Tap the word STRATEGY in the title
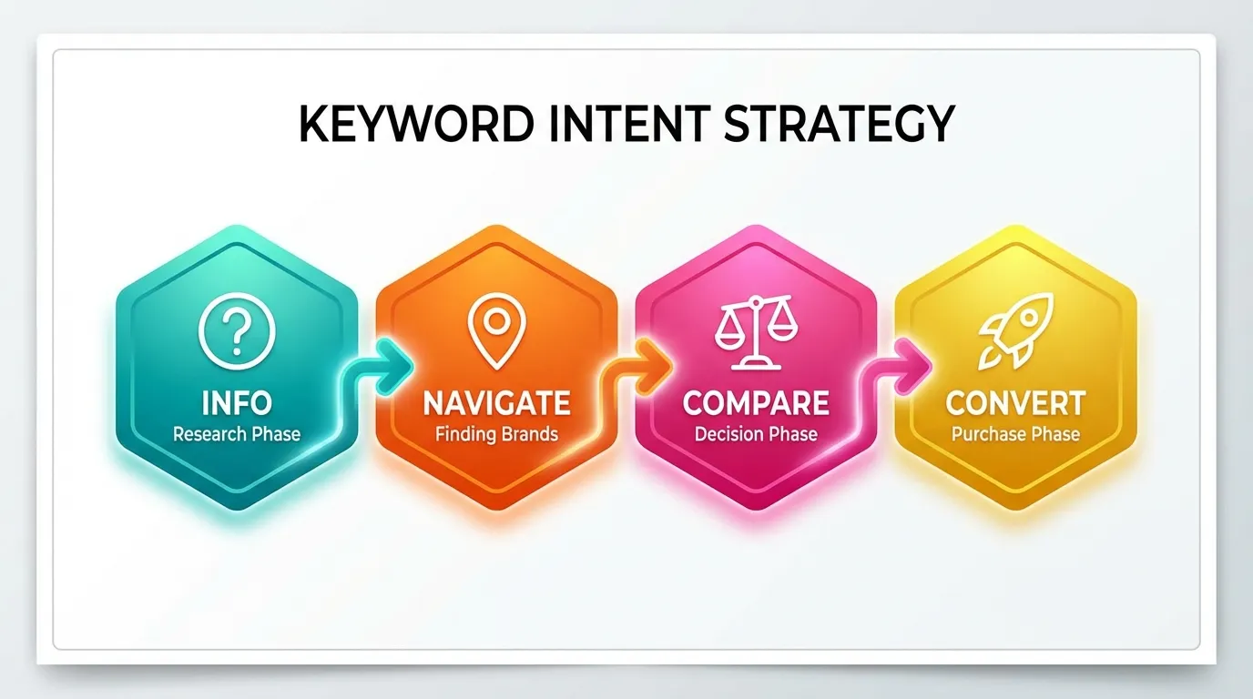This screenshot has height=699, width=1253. point(839,124)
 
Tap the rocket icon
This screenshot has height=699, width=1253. point(1015,330)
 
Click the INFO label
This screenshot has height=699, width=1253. point(236,401)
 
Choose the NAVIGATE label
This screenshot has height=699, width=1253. point(496,402)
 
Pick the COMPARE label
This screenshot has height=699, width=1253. point(756,402)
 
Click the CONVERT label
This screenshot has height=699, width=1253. point(1015,402)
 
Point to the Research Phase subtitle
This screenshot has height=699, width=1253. point(236,433)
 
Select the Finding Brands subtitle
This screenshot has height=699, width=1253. point(496,433)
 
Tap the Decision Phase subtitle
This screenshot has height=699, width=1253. point(756,433)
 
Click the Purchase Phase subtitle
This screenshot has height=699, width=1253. point(1015,433)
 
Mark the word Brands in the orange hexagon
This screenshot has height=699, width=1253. point(529,433)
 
